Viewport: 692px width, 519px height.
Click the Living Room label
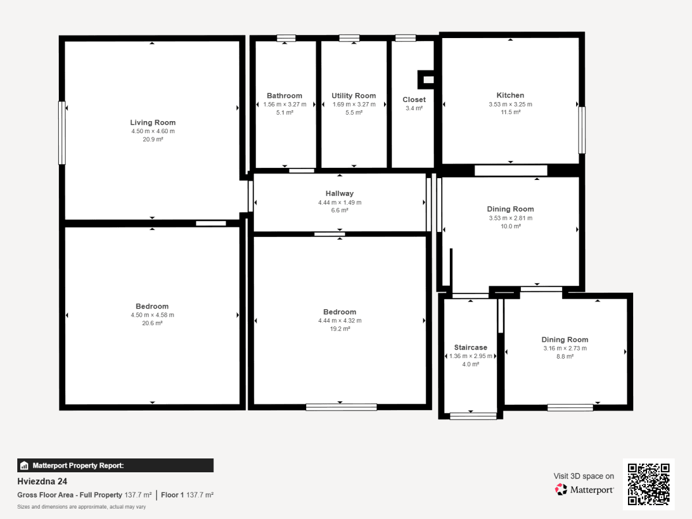tap(153, 122)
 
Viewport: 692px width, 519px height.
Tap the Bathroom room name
tap(284, 96)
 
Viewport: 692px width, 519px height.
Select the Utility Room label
tap(353, 96)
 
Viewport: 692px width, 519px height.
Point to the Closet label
tap(414, 100)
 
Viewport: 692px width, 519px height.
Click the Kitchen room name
tap(510, 95)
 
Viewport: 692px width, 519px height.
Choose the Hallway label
tap(340, 194)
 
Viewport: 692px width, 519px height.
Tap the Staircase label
tap(471, 347)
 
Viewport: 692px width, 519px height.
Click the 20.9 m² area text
tap(153, 140)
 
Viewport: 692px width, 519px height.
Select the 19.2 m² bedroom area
tap(340, 329)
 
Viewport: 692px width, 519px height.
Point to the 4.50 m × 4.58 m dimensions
tap(152, 315)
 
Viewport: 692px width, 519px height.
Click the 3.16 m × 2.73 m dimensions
tap(565, 348)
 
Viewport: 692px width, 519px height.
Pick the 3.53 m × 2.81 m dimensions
tap(511, 218)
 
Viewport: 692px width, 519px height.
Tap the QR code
tap(649, 484)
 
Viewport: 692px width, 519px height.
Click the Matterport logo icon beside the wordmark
tap(561, 490)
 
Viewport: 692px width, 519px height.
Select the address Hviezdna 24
tap(42, 481)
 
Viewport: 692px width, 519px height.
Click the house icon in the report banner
tap(24, 465)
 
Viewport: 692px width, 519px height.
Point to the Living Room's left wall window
tap(62, 133)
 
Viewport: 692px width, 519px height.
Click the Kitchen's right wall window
tap(582, 130)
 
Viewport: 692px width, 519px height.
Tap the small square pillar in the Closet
tap(426, 80)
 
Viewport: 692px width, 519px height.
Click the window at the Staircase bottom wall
tap(473, 416)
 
